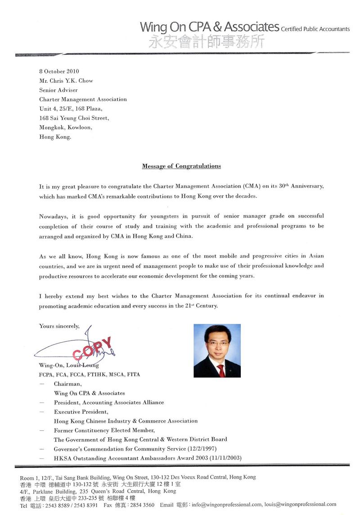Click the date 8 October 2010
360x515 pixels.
[x=59, y=71]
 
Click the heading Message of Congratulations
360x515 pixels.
[x=181, y=166]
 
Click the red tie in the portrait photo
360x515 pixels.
[x=220, y=370]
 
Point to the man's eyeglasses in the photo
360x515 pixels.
[x=216, y=343]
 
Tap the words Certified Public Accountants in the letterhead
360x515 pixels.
[x=315, y=29]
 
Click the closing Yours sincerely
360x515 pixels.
[x=59, y=326]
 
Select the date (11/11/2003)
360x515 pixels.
[x=223, y=458]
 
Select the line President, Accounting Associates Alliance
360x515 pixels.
[x=109, y=402]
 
